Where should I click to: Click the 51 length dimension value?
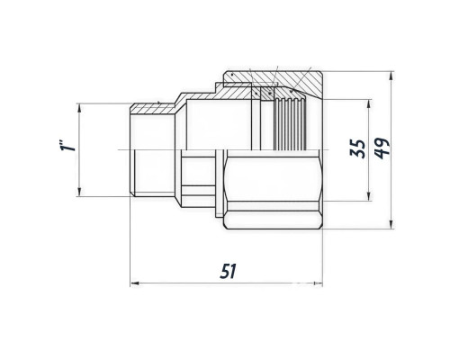(229, 271)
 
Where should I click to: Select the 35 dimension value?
(358, 148)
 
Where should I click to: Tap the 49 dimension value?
(382, 148)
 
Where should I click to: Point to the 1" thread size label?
(67, 145)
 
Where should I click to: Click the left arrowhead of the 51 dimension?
(135, 283)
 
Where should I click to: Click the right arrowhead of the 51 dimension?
(318, 283)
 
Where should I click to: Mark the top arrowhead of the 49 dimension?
(391, 76)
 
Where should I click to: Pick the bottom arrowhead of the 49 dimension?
(391, 225)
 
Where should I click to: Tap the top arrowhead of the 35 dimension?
(369, 103)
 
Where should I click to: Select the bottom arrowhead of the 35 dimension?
(369, 196)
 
